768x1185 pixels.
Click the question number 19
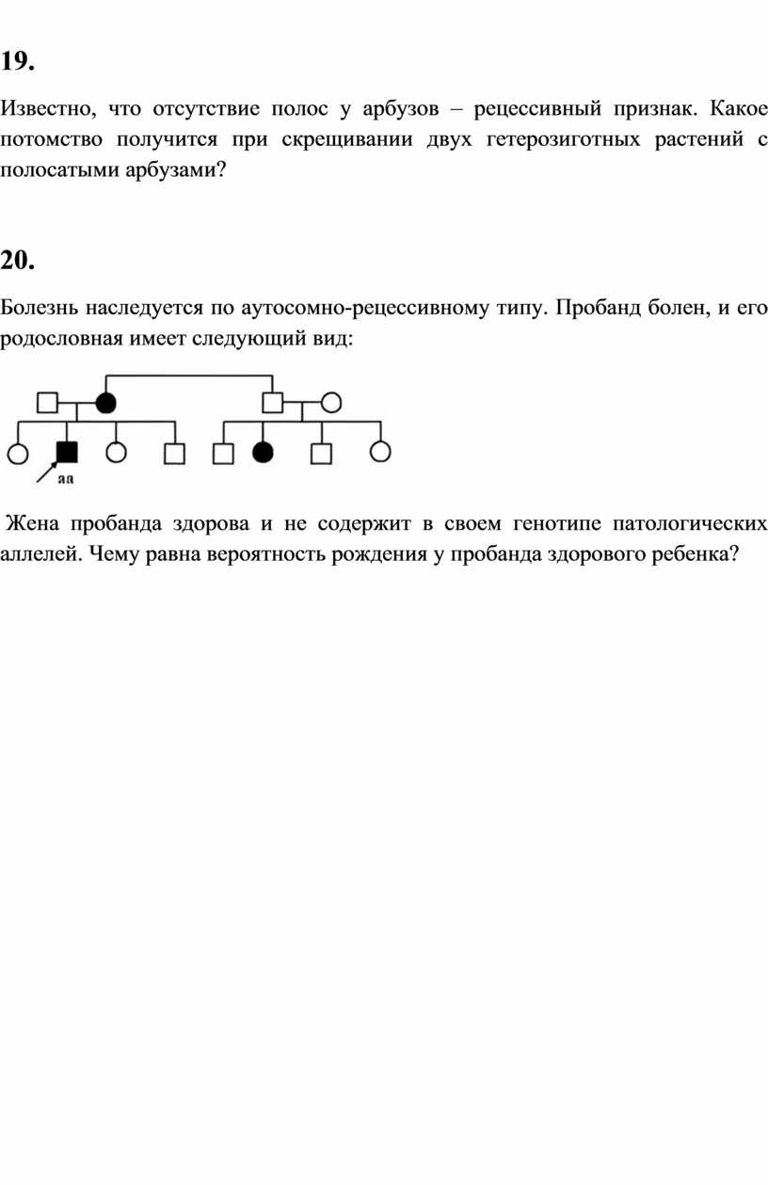point(18,61)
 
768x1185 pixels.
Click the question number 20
point(18,260)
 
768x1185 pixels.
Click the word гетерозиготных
point(563,139)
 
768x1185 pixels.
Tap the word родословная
point(61,339)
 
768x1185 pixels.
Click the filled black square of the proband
point(67,453)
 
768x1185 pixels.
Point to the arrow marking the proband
point(47,472)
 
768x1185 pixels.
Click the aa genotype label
point(66,479)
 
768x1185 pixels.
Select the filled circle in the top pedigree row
point(105,403)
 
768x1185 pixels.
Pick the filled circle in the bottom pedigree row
point(263,453)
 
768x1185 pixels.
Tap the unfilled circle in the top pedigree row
point(331,403)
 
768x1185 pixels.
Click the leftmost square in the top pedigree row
point(48,403)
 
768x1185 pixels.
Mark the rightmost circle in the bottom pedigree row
point(380,453)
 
